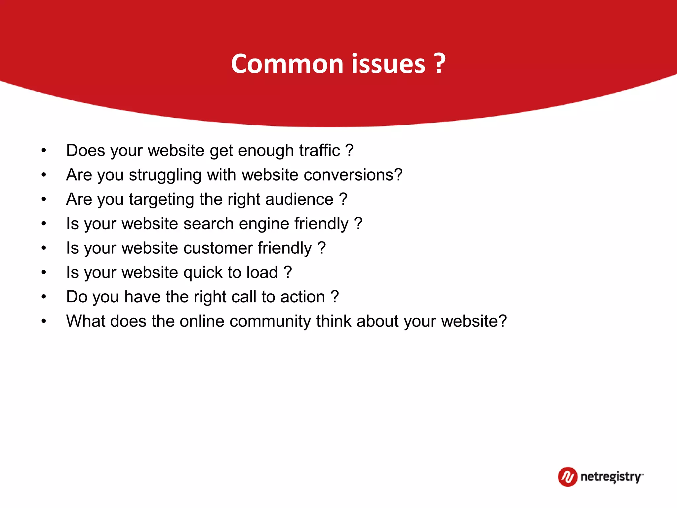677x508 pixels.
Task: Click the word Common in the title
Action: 287,63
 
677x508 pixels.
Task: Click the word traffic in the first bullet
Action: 319,150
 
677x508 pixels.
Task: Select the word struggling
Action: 165,175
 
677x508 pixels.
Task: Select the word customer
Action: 218,248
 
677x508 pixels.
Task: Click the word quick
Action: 203,273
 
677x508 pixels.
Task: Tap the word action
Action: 302,297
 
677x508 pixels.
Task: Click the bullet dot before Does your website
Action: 44,151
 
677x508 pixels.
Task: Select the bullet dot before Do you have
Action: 44,297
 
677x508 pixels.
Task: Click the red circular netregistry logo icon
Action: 567,477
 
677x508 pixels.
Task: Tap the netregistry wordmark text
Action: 612,477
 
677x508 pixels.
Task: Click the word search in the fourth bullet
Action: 209,224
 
